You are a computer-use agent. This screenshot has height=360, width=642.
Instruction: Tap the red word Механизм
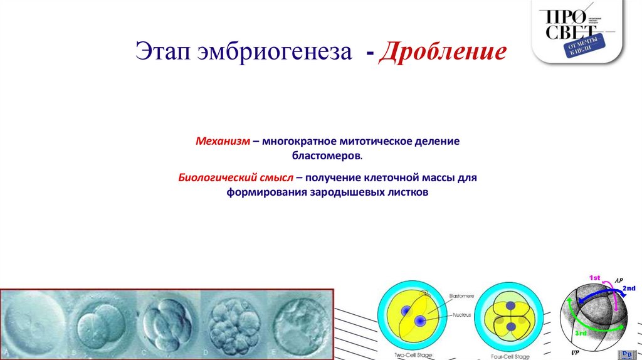[x=222, y=142]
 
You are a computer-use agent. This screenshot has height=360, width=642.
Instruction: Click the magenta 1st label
[x=594, y=277]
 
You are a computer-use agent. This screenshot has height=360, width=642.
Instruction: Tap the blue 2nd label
[x=628, y=288]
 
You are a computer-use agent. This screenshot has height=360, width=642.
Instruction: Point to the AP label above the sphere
[x=618, y=280]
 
